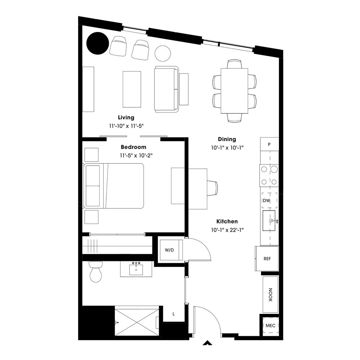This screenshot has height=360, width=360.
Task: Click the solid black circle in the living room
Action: [98, 43]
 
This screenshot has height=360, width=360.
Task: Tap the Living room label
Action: [126, 117]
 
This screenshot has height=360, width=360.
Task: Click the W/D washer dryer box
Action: [170, 250]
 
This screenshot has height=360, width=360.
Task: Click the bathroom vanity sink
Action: [136, 269]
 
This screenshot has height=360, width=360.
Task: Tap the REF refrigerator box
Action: [267, 258]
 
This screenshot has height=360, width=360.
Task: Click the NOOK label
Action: [270, 294]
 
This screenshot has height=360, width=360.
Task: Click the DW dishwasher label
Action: [266, 201]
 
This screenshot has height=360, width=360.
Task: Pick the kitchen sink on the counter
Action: [269, 220]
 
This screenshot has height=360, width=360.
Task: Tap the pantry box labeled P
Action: [269, 144]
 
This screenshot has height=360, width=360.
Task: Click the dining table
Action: [234, 91]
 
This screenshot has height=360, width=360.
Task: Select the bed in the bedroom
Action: [114, 186]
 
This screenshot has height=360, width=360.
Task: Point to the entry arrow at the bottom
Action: [207, 343]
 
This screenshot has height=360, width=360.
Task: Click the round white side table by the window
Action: [163, 53]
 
